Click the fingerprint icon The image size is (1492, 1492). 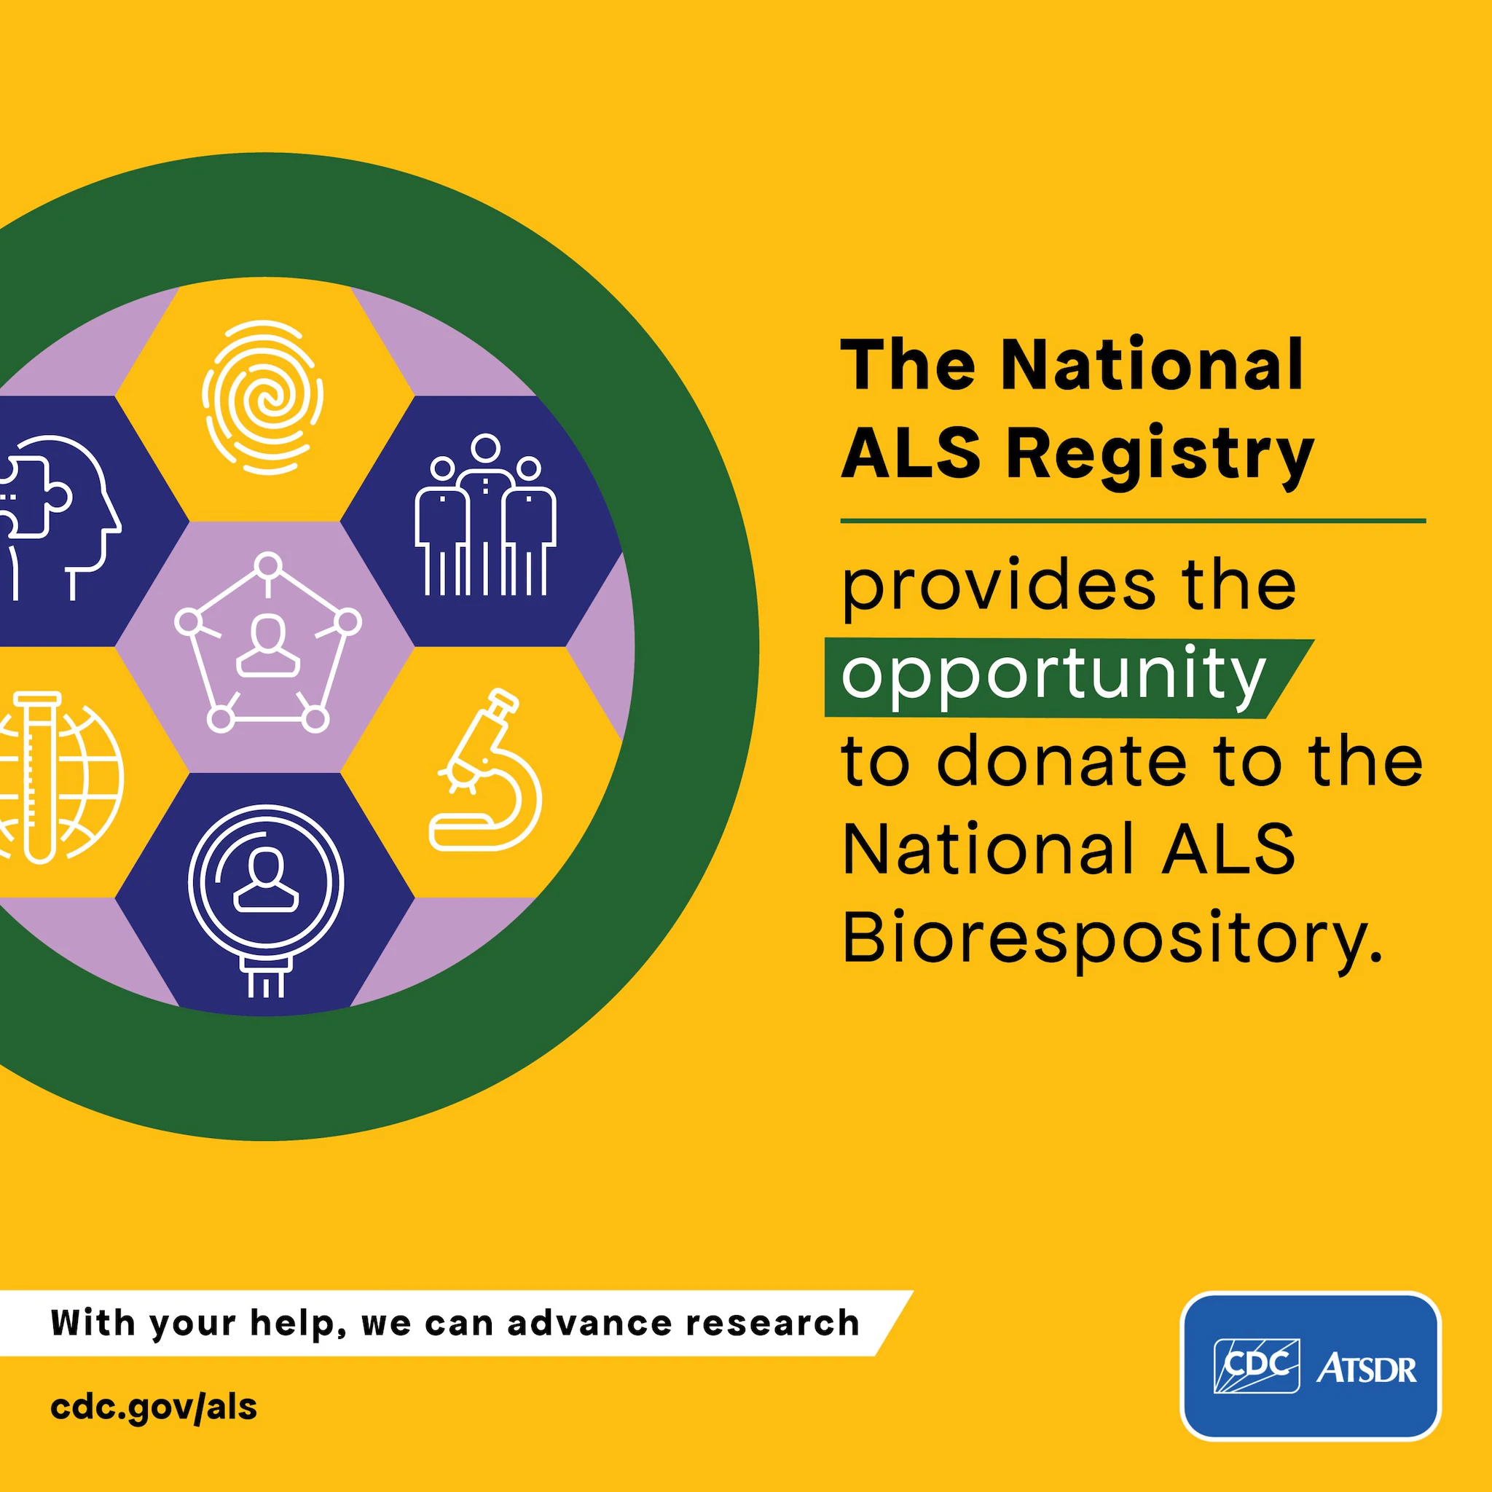pyautogui.click(x=262, y=398)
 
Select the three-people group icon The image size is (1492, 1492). pyautogui.click(x=485, y=515)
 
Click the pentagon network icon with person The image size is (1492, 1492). pyautogui.click(x=268, y=643)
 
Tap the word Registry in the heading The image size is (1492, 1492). pyautogui.click(x=1160, y=456)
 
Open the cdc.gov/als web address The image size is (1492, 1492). pyautogui.click(x=154, y=1407)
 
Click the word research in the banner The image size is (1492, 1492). pyautogui.click(x=772, y=1322)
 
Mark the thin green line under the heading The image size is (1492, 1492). pyautogui.click(x=1133, y=522)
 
